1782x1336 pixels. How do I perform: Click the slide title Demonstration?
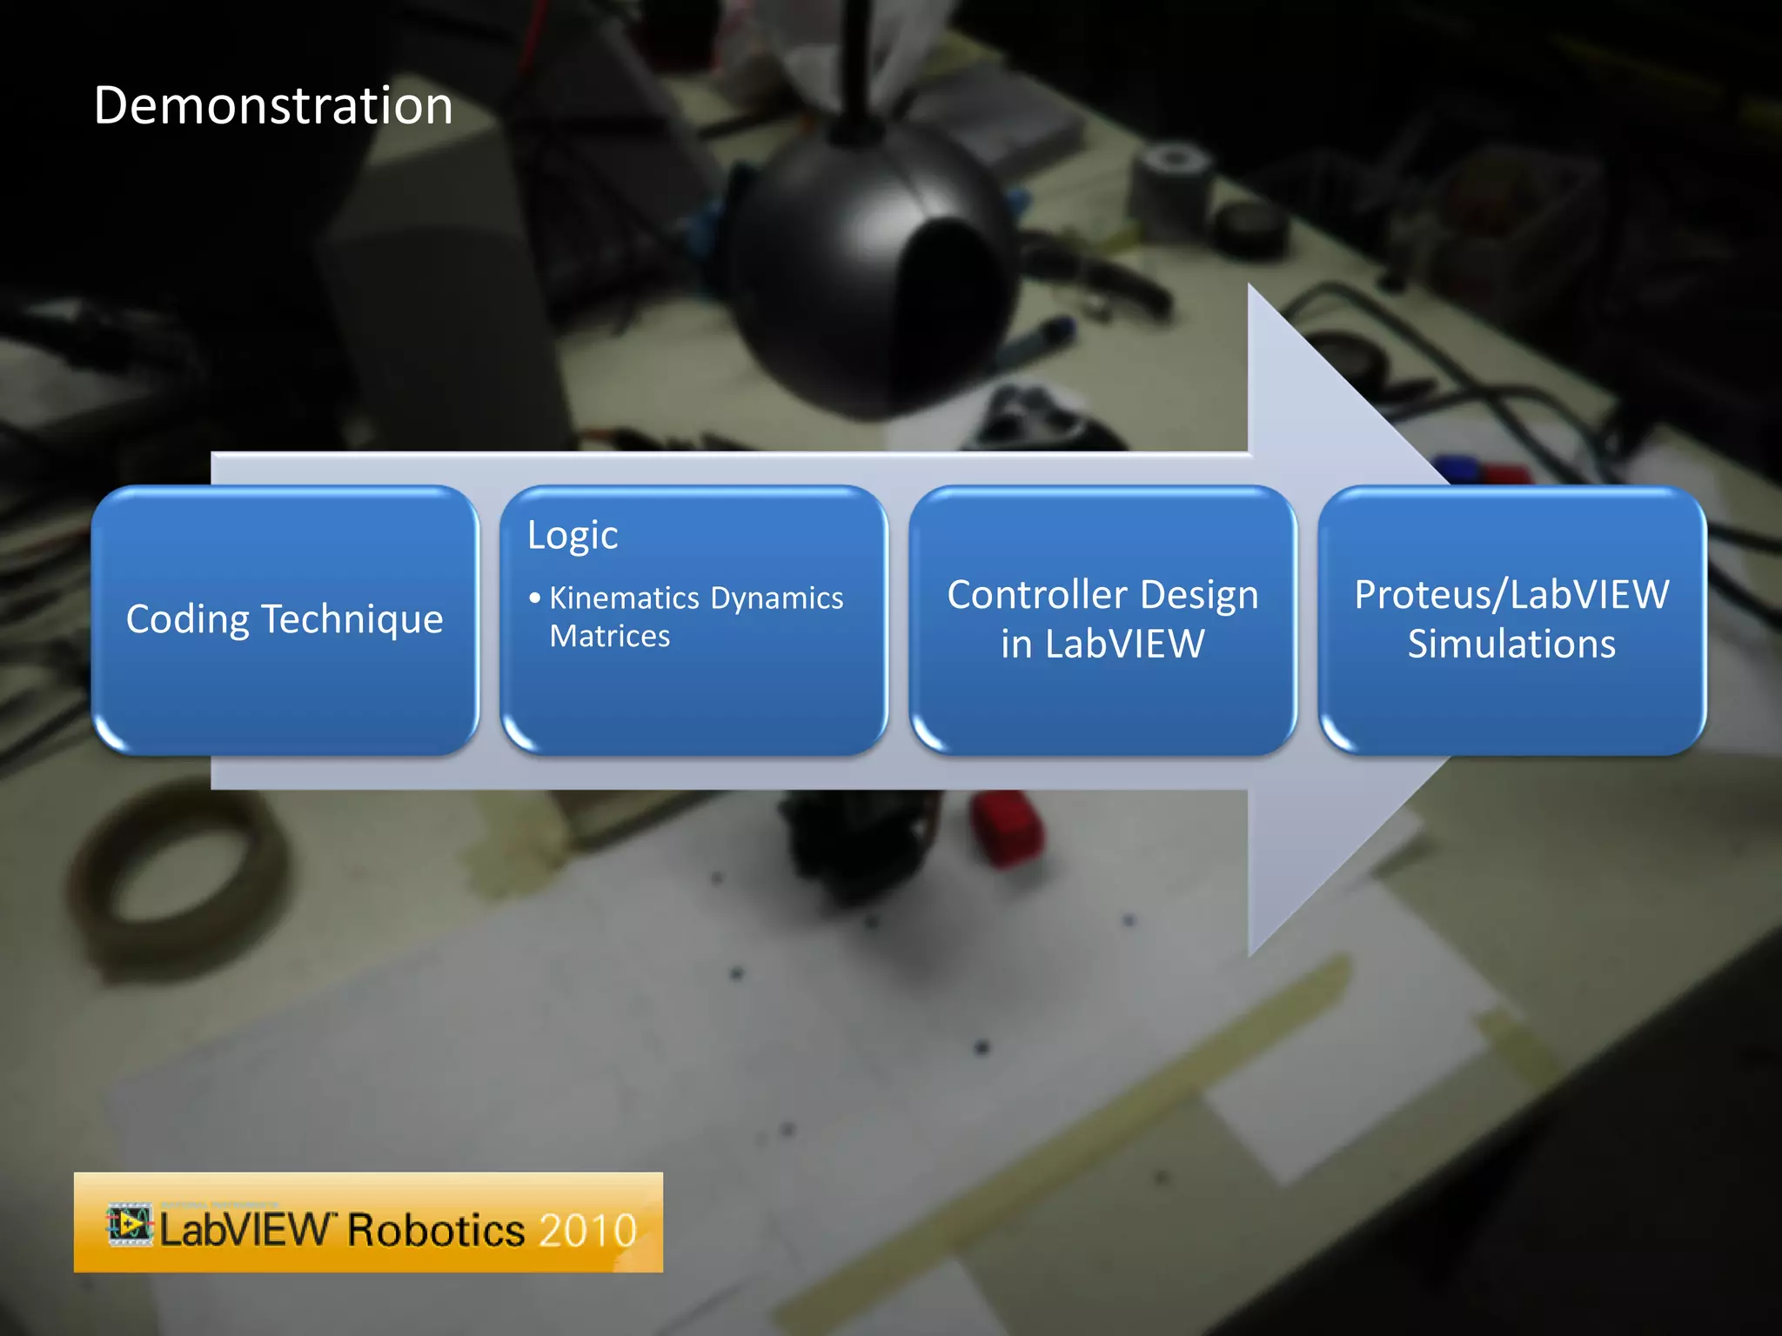273,106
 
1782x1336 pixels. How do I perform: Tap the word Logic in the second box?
573,536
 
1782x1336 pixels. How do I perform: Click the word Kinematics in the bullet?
624,598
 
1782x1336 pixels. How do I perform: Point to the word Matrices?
610,637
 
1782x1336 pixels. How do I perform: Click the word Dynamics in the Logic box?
777,598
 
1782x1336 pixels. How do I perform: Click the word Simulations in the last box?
1511,645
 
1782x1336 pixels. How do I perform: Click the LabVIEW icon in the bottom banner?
130,1226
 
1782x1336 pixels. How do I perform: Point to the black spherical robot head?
870,261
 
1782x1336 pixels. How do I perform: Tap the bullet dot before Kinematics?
534,598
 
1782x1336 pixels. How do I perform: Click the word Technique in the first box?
352,620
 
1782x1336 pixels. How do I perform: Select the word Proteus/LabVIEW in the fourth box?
1511,596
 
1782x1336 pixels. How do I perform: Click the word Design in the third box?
1199,596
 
